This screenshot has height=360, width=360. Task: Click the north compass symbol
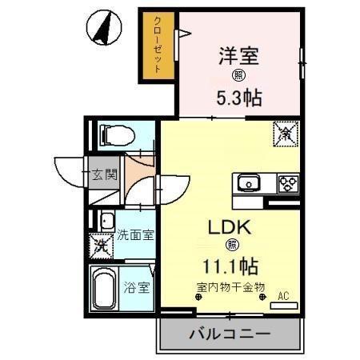click(102, 28)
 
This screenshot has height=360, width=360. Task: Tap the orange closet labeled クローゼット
click(158, 46)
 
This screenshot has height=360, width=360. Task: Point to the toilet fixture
click(112, 135)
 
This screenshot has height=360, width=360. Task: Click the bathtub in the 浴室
click(103, 289)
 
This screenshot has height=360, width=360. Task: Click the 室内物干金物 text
click(230, 286)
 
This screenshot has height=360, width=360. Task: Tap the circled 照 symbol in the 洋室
click(238, 77)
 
